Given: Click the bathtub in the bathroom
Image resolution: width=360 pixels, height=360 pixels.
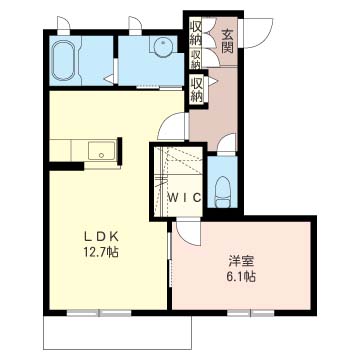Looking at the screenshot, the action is click(x=64, y=60).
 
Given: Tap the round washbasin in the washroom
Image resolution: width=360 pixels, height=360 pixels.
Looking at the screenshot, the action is click(x=163, y=44).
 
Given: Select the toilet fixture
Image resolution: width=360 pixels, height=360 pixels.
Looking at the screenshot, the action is click(x=222, y=191).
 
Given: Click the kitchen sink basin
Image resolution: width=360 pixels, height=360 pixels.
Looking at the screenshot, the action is click(x=102, y=151).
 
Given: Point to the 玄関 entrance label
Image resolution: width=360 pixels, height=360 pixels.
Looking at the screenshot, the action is click(x=227, y=42).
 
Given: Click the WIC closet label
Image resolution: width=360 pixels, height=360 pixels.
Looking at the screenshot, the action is click(x=184, y=198).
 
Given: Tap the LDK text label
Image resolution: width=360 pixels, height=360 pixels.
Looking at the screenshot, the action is click(x=101, y=237).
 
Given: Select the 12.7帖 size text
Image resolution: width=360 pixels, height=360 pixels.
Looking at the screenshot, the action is click(x=101, y=252).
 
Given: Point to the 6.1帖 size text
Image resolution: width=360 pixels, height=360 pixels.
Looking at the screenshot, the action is click(x=242, y=276).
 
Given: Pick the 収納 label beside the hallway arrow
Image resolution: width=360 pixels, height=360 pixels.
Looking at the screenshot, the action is click(x=197, y=89).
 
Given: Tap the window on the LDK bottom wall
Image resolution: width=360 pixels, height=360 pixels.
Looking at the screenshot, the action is click(x=99, y=313).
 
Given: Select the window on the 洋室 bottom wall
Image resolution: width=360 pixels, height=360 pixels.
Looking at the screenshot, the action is click(x=251, y=313).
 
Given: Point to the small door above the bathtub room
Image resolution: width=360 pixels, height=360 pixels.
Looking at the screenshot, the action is click(x=63, y=24).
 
